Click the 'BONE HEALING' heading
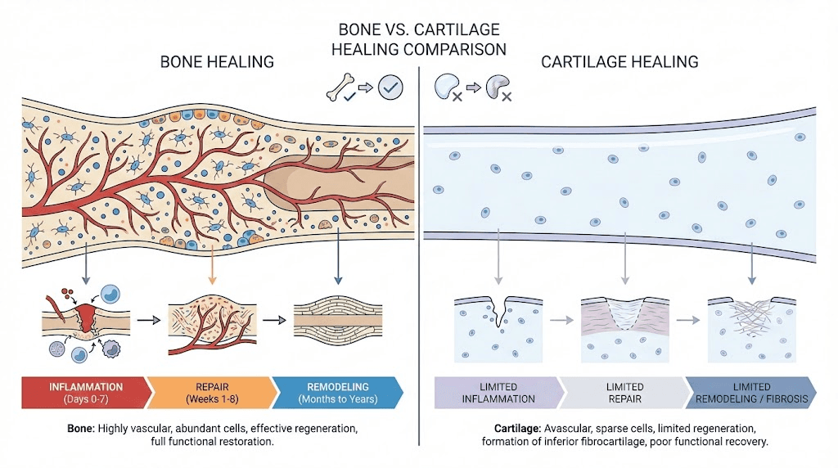[x=217, y=61]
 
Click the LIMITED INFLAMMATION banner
[x=498, y=392]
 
